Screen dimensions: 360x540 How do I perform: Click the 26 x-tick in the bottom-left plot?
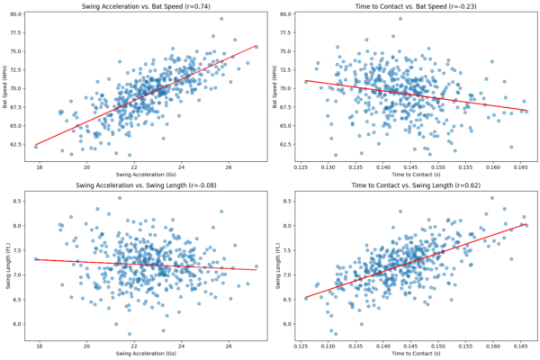229,345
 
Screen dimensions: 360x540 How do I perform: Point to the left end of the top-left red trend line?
35,146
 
